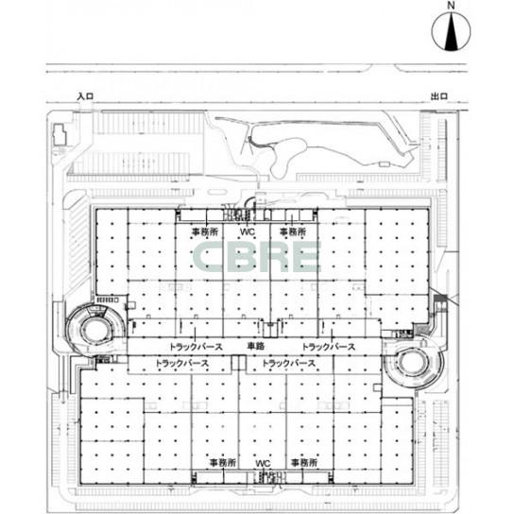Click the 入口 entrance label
(x=85, y=96)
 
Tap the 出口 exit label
(x=439, y=96)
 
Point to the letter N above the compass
(x=452, y=6)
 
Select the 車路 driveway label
(x=256, y=346)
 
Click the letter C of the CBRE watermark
(x=208, y=257)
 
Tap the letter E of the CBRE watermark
(x=303, y=257)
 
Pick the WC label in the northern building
(x=248, y=231)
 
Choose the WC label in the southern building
(x=263, y=463)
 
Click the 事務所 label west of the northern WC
(x=205, y=231)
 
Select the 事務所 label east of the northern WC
(x=293, y=231)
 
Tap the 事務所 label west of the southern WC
(x=223, y=463)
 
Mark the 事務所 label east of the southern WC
(x=304, y=463)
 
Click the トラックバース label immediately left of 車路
(x=196, y=347)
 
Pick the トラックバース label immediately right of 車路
(x=329, y=347)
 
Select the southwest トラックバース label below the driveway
(x=181, y=363)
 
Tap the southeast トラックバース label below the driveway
(x=289, y=363)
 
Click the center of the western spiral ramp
(x=94, y=330)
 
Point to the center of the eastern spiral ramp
(x=414, y=363)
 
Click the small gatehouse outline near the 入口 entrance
(x=60, y=134)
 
